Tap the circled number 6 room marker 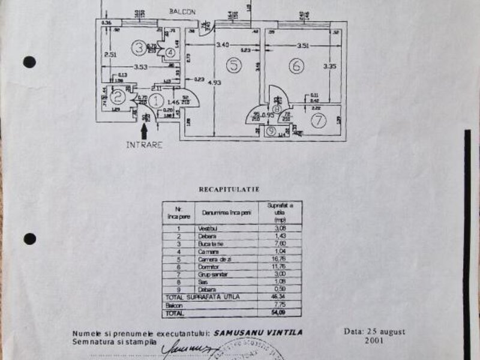(x=296, y=67)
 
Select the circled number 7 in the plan (x=319, y=121)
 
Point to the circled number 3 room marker (x=139, y=46)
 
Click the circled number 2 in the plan (x=118, y=95)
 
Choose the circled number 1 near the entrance (x=157, y=102)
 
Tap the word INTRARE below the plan (x=144, y=145)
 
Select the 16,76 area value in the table (x=275, y=259)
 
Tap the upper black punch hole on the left (x=29, y=62)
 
